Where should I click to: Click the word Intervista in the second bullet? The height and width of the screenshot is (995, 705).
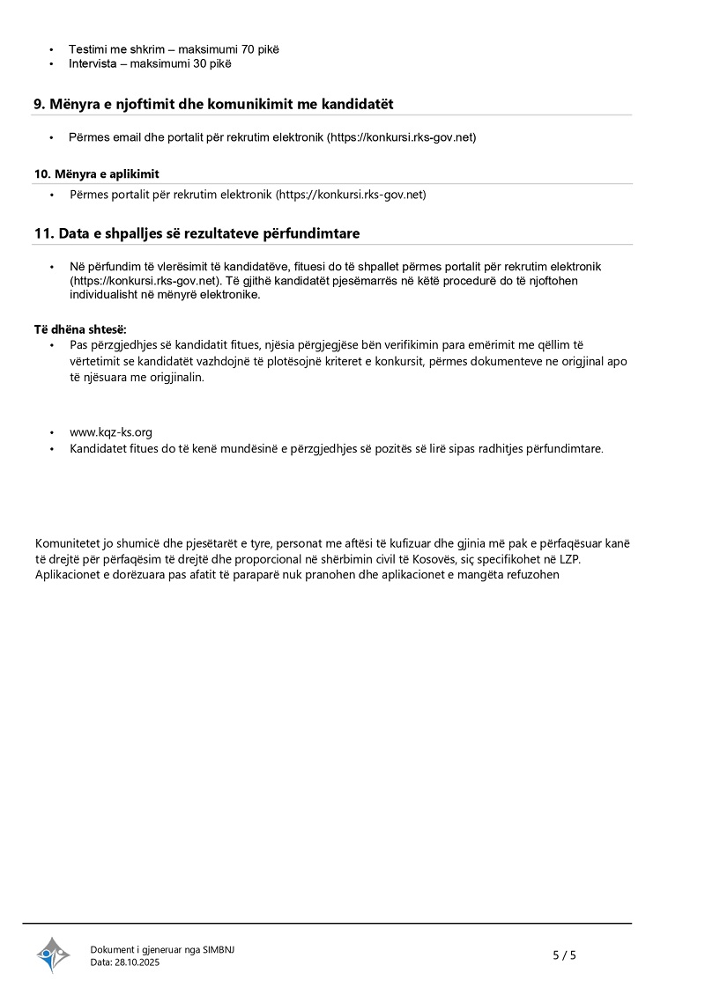coord(95,63)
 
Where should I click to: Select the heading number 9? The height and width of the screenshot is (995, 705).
coord(40,104)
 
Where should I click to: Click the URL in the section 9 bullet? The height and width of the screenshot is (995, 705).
coord(403,137)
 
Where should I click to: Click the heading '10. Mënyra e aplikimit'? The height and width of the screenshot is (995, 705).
coord(97,173)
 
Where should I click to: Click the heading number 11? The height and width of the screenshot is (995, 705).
coord(43,233)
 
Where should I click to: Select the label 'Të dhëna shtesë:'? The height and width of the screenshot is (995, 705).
coord(80,329)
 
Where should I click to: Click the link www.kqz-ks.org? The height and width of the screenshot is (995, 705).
coord(111,432)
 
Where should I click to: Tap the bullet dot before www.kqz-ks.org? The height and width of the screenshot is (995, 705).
coord(52,432)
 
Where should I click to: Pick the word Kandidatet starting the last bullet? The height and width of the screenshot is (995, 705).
coord(99,448)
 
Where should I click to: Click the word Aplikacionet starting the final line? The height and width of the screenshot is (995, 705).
coord(70,575)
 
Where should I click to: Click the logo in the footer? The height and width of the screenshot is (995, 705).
coord(52,955)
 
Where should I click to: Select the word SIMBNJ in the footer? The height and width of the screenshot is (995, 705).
coord(219,949)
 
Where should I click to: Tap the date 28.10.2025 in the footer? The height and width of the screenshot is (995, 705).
coord(137,962)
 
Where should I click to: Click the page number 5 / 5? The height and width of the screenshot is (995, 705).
coord(564,954)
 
